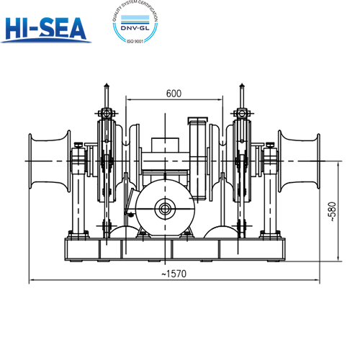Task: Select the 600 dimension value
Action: coord(173,94)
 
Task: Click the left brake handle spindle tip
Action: coord(107,85)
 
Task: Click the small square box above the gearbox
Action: coord(197,122)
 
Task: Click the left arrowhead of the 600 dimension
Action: coord(126,100)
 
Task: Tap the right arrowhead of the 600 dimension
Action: coord(220,100)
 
